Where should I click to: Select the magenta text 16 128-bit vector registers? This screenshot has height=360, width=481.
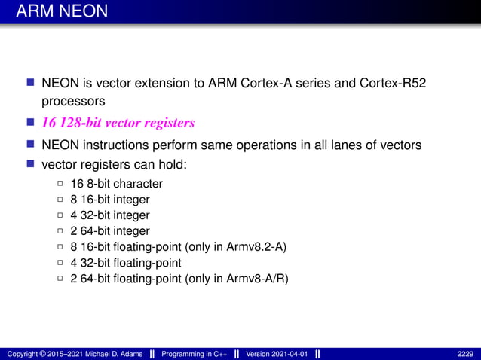point(118,123)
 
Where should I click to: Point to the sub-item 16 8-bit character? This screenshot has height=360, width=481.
point(116,183)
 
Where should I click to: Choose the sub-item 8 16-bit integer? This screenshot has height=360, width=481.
point(110,200)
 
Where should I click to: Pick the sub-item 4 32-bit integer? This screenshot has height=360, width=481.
point(110,215)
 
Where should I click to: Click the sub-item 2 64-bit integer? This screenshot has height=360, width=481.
point(110,231)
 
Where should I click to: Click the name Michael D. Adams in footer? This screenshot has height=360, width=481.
point(110,353)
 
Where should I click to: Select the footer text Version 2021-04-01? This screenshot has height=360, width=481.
point(276,353)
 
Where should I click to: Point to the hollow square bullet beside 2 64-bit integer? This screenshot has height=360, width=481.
point(60,231)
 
